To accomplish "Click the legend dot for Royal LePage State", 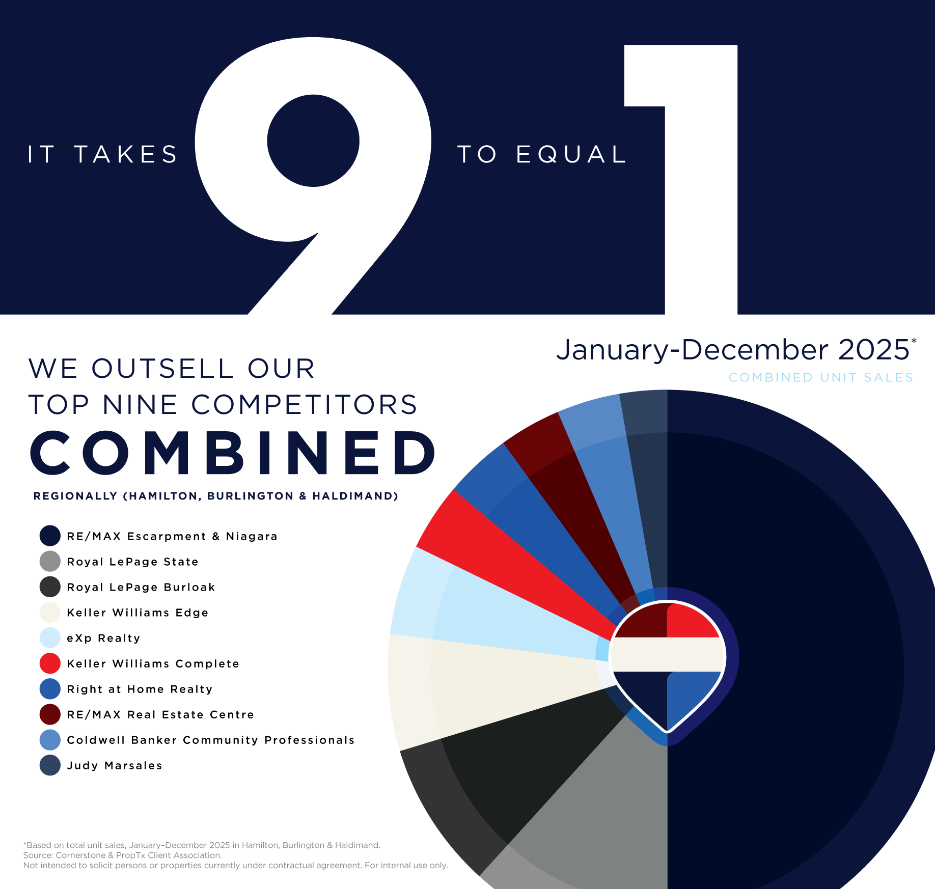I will [50, 562].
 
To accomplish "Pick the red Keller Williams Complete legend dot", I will [50, 663].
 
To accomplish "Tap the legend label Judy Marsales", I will [115, 765].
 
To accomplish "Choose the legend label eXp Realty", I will [103, 638].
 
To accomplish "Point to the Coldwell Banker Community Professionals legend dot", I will [50, 740].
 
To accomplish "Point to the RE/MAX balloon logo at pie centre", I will [667, 662].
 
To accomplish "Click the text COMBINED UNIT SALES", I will [820, 377].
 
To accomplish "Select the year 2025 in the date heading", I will [873, 350].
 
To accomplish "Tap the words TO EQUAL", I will [542, 154].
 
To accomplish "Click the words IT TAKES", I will [102, 154].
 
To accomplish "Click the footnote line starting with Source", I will [122, 855].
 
